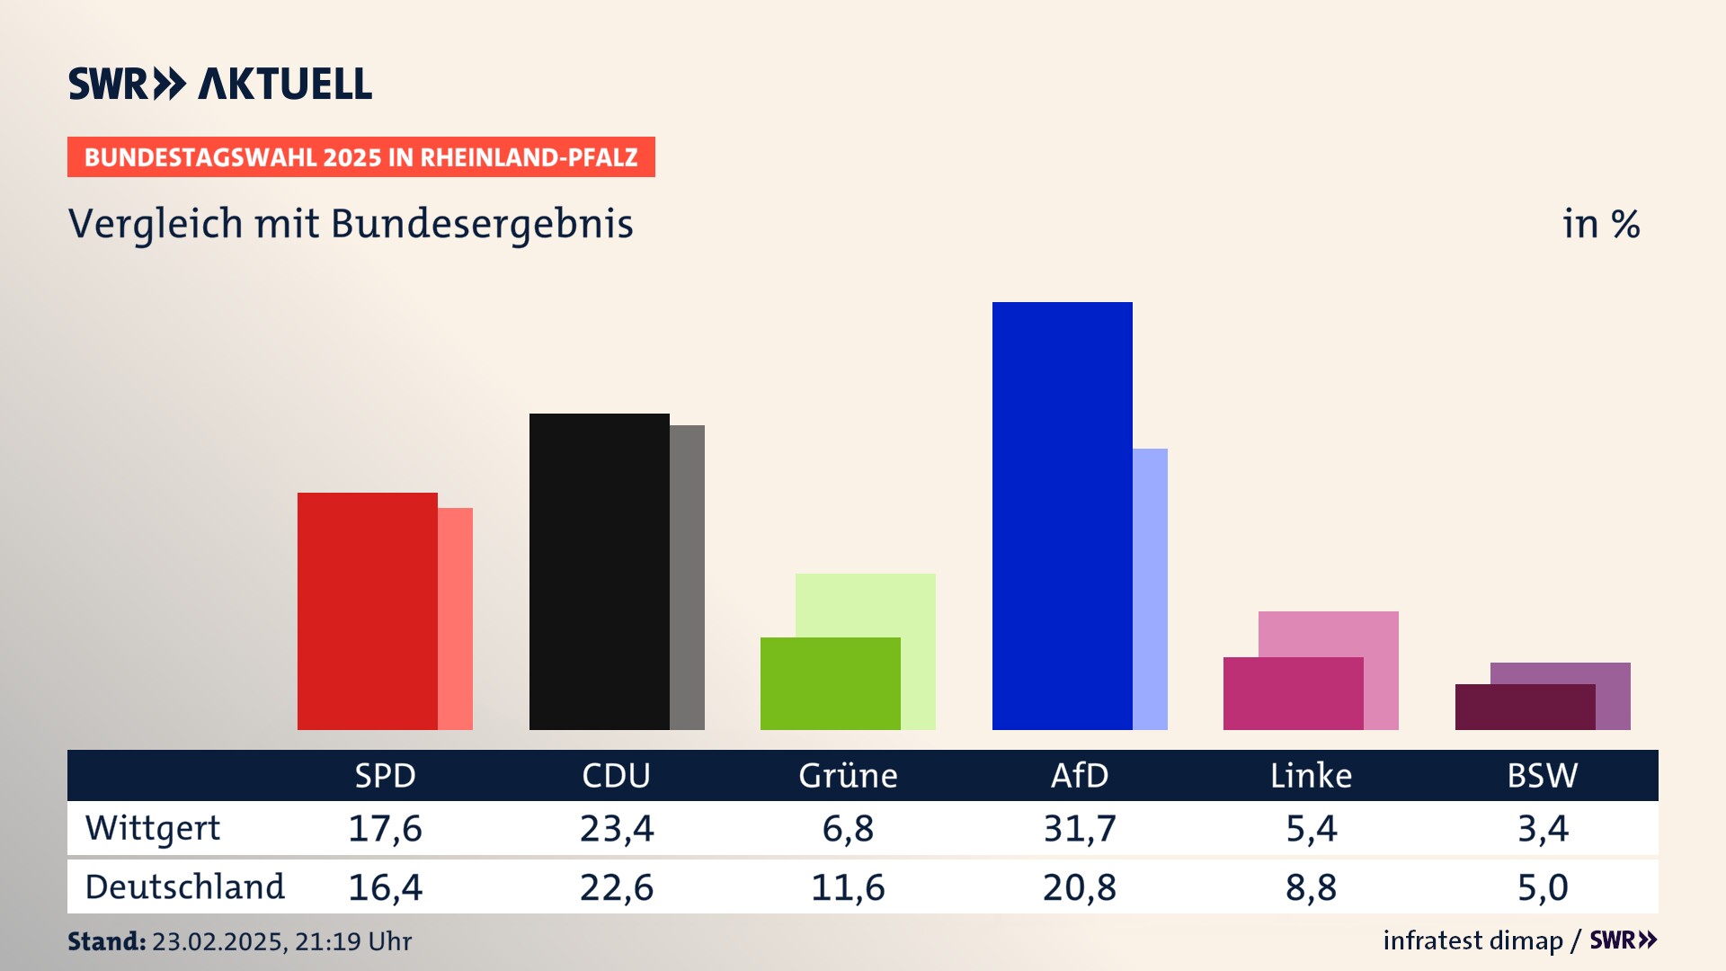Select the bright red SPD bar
click(x=367, y=610)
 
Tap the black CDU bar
click(x=599, y=571)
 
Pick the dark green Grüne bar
click(x=830, y=683)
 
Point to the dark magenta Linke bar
click(x=1293, y=693)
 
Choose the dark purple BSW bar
click(x=1525, y=707)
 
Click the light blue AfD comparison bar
click(x=1150, y=589)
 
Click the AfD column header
click(x=1080, y=775)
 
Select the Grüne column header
click(x=848, y=775)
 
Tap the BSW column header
click(x=1542, y=775)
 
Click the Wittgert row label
click(x=153, y=828)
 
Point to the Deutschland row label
click(x=184, y=887)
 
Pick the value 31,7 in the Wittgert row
click(x=1080, y=828)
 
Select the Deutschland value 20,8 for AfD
click(x=1080, y=887)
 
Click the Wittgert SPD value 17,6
click(x=385, y=828)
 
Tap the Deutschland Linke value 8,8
click(x=1311, y=887)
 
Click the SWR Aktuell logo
click(x=220, y=84)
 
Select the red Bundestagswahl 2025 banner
click(x=360, y=157)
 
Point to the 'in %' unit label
click(x=1601, y=224)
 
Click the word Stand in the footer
click(x=106, y=941)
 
